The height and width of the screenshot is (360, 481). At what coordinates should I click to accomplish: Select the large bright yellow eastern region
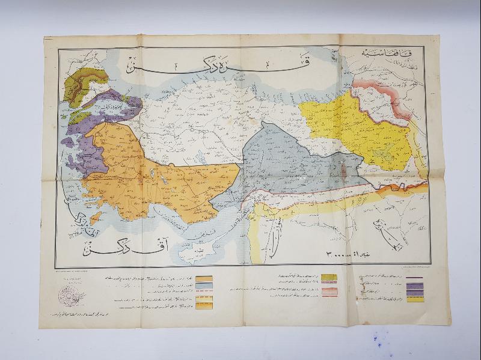click(x=355, y=129)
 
